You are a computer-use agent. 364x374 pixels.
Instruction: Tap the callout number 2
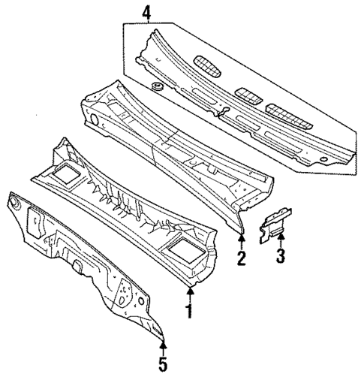[242, 260]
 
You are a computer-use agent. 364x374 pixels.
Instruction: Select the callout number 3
[279, 260]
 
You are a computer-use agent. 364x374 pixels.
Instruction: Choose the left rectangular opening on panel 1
[65, 174]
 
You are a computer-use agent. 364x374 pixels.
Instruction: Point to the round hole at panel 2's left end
[95, 120]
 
